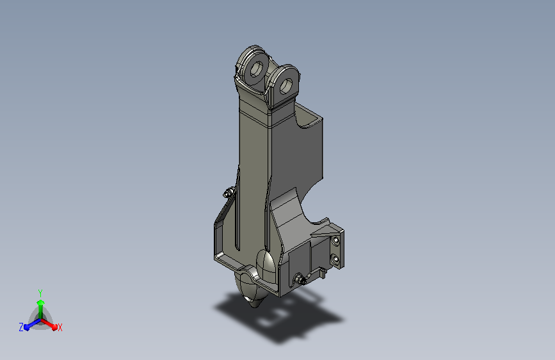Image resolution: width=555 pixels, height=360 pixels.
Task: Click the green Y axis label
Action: [40, 293]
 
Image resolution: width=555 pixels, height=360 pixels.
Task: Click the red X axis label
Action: [60, 327]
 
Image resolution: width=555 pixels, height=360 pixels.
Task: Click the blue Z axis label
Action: [21, 327]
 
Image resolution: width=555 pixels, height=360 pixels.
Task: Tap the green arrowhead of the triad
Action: [41, 302]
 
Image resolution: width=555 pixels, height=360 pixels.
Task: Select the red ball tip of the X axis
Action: [54, 327]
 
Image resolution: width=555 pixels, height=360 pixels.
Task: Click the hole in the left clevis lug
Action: [256, 69]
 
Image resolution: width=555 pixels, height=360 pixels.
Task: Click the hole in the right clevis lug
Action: [286, 85]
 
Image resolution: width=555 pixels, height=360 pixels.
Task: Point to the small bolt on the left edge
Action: [229, 192]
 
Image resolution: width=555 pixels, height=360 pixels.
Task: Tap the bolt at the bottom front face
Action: [300, 279]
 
